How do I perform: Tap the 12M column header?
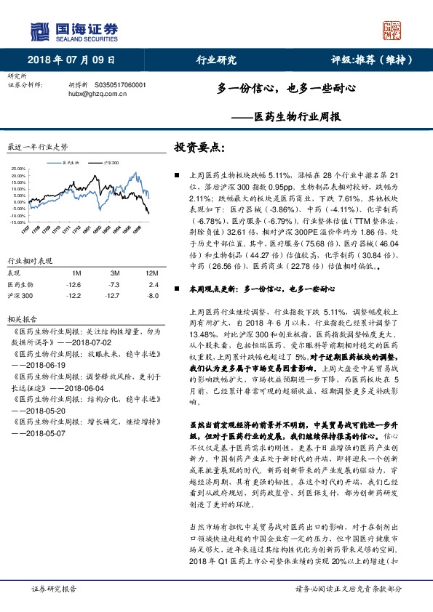[152, 273]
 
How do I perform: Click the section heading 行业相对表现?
[30, 259]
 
